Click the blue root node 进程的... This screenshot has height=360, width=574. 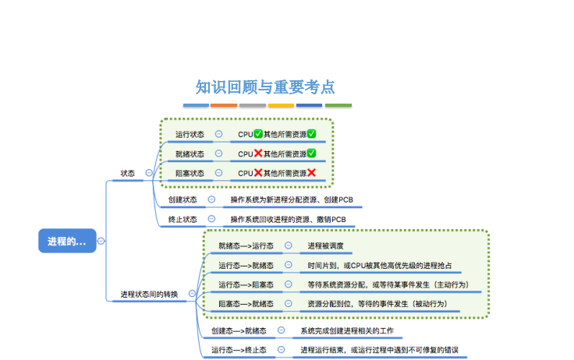(x=67, y=241)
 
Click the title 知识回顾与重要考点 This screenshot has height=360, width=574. (x=265, y=87)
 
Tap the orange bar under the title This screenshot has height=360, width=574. (x=224, y=105)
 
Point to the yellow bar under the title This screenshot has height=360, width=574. (x=281, y=105)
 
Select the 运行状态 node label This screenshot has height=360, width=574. (x=190, y=134)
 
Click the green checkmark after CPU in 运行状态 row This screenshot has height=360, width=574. (x=258, y=134)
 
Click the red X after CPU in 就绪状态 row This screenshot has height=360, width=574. (x=258, y=154)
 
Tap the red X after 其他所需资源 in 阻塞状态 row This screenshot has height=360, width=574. (x=311, y=173)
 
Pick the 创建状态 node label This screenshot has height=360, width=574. (x=182, y=199)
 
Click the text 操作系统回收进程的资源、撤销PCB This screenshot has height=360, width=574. (x=288, y=219)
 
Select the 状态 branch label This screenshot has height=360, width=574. (x=128, y=173)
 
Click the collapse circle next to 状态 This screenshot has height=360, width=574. (x=149, y=173)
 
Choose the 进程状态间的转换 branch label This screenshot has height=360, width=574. (x=149, y=294)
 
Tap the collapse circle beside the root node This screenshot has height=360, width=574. (x=101, y=241)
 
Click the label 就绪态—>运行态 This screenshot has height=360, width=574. (x=246, y=246)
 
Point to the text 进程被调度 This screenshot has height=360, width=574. (x=325, y=246)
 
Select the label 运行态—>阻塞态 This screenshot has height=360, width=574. (x=246, y=284)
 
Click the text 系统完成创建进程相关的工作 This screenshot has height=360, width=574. (x=347, y=330)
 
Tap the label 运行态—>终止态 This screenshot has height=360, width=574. (x=239, y=350)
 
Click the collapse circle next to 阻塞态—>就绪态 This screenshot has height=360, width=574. (x=289, y=303)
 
